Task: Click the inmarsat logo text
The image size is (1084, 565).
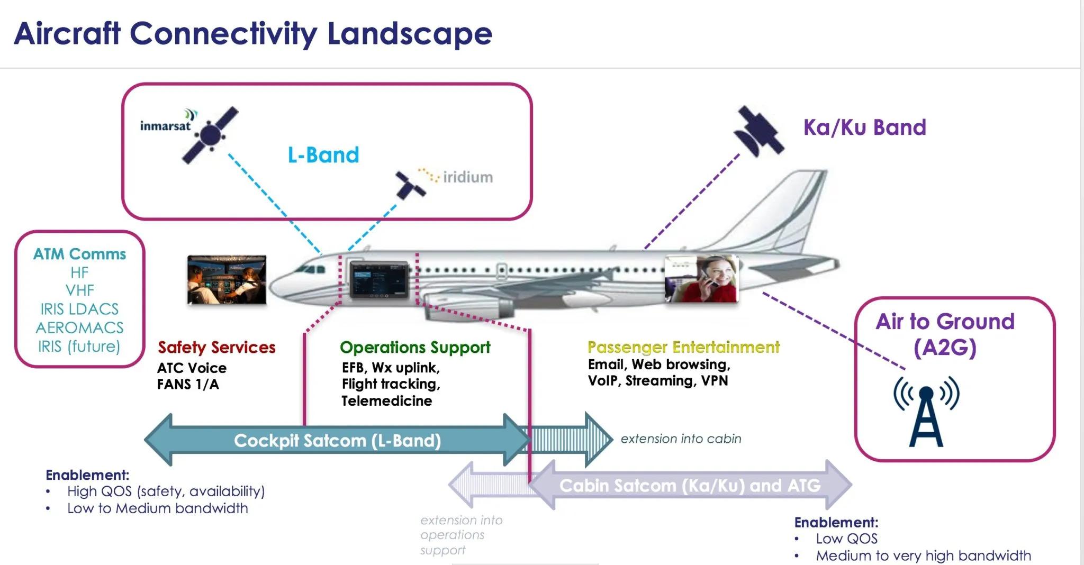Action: (x=165, y=126)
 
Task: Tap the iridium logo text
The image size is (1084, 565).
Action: (x=467, y=177)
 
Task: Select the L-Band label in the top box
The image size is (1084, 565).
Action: (x=323, y=155)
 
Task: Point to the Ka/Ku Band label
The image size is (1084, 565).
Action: (x=864, y=127)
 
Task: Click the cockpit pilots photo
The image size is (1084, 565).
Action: (x=227, y=280)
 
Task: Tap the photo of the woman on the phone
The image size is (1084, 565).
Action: (x=701, y=279)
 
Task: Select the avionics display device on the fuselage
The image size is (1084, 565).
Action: (x=379, y=279)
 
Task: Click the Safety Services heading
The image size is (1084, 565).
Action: (x=216, y=347)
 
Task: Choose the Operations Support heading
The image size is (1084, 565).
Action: (x=415, y=347)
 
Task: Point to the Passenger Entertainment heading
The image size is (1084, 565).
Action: (x=683, y=347)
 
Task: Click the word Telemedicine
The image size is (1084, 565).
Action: (x=386, y=401)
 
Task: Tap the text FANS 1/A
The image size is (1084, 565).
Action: (x=188, y=385)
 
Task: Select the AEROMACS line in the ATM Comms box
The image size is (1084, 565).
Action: (x=79, y=327)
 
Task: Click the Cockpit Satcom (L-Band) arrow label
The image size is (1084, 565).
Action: (x=337, y=440)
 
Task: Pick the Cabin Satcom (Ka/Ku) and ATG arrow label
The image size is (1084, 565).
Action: (x=690, y=485)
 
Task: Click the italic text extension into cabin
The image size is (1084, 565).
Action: (x=681, y=439)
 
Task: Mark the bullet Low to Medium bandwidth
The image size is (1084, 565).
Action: (x=157, y=508)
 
